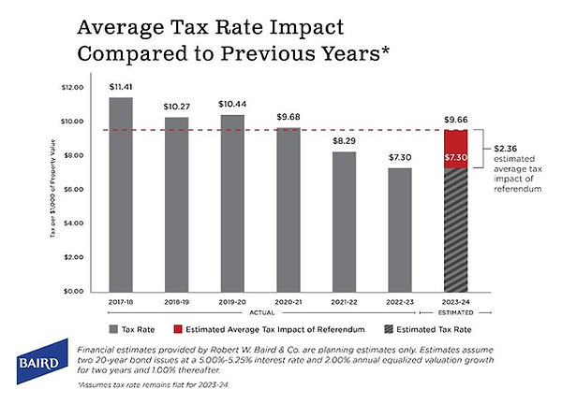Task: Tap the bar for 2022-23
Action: [x=399, y=229]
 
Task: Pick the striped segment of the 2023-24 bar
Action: [x=454, y=234]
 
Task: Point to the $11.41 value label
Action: [x=121, y=87]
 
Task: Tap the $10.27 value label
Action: [x=176, y=106]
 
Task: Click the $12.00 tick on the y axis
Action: [x=72, y=88]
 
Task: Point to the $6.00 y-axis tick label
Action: [x=73, y=190]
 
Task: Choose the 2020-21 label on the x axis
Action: [x=288, y=302]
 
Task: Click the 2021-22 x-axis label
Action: [x=344, y=302]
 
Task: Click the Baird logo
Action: [x=38, y=362]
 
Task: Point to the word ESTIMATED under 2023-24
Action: [x=454, y=313]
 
